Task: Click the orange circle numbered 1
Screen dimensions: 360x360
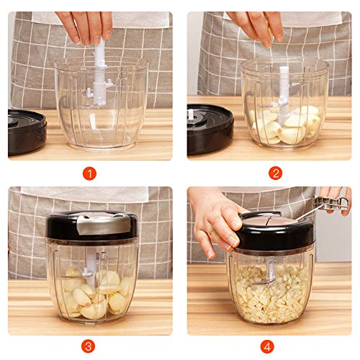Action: [x=90, y=173]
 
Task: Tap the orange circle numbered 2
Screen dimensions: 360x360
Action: [x=275, y=173]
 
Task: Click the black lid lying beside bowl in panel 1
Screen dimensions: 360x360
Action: [x=27, y=130]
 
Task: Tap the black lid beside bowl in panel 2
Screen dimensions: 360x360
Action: [x=209, y=128]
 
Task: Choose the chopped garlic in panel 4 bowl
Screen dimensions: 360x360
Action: [x=270, y=295]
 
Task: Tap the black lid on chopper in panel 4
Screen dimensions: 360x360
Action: [x=277, y=232]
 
